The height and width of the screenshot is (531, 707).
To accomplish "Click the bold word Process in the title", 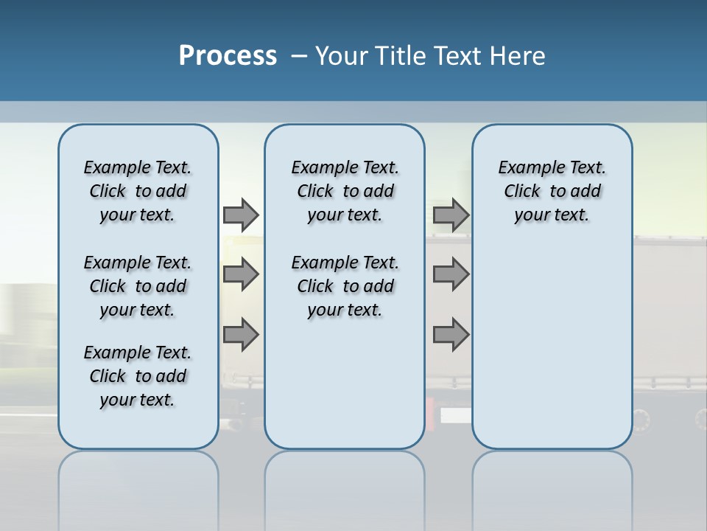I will click(x=228, y=56).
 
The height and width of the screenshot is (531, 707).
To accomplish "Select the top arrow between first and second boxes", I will click(x=241, y=215).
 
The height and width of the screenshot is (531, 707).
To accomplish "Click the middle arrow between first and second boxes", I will click(x=241, y=275).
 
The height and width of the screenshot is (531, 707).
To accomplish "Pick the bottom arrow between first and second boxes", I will click(x=241, y=334).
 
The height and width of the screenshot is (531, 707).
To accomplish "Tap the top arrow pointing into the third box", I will click(x=451, y=215).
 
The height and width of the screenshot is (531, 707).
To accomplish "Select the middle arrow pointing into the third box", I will click(x=451, y=275).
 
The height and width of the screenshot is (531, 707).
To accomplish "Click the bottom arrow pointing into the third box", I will click(x=451, y=334).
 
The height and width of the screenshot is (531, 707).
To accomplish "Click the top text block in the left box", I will click(x=138, y=191).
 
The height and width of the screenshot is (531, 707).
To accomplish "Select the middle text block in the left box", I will click(x=138, y=286).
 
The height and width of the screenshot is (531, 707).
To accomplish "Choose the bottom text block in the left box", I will click(x=138, y=376).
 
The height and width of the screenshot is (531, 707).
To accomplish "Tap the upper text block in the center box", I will click(x=345, y=191).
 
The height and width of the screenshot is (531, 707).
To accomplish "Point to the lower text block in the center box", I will click(x=345, y=286).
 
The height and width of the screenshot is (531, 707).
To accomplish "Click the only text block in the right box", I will click(x=552, y=191).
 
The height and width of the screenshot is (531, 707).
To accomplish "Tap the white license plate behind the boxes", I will click(x=455, y=415).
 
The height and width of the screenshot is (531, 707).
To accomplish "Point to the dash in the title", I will click(x=299, y=56).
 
